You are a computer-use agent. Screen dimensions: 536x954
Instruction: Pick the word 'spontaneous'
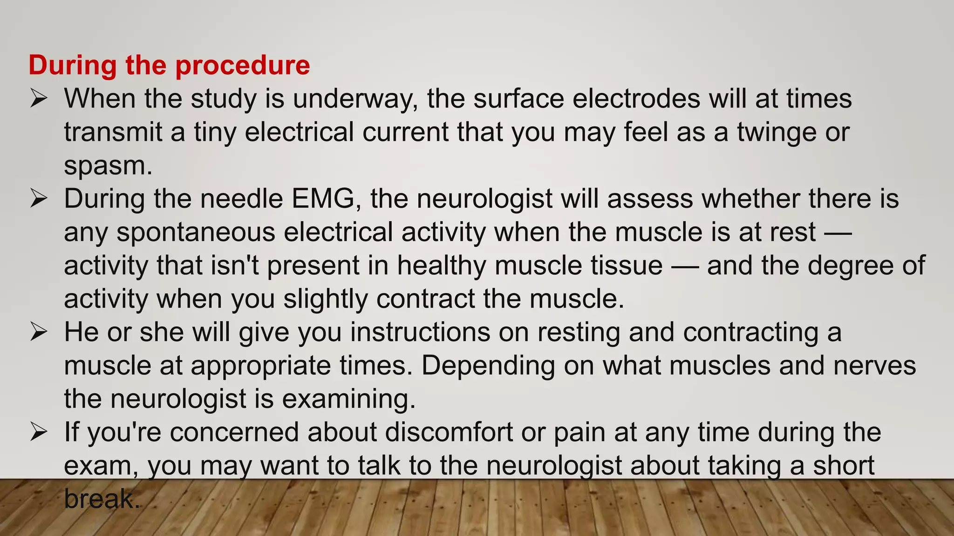click(196, 233)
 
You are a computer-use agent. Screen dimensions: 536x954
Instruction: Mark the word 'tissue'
click(627, 266)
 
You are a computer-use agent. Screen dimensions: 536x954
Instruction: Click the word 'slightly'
click(326, 299)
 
